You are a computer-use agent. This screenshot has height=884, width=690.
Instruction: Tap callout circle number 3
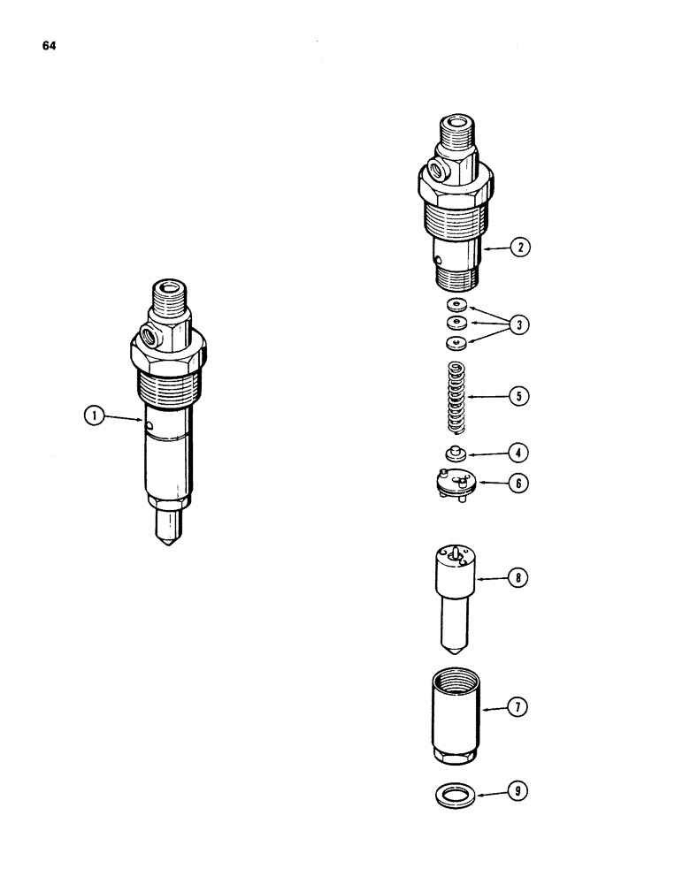[520, 325]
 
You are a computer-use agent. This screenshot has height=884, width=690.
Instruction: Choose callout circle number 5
[520, 396]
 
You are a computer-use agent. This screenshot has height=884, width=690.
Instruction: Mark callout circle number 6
[520, 484]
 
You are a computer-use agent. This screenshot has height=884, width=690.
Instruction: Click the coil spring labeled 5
[456, 398]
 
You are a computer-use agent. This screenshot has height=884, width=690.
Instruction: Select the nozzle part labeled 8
[456, 588]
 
